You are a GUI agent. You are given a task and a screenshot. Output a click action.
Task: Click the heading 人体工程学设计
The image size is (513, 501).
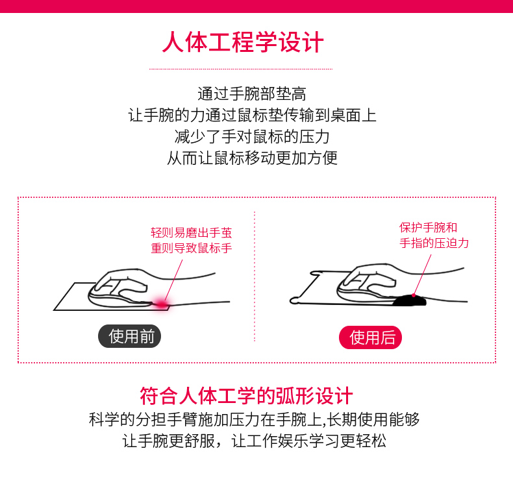[243, 42]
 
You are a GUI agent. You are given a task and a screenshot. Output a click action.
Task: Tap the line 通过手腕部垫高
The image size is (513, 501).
[252, 94]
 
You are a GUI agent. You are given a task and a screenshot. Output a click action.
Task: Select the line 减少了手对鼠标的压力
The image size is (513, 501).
[252, 137]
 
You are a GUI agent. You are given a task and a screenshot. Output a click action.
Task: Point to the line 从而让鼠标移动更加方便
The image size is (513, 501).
[252, 158]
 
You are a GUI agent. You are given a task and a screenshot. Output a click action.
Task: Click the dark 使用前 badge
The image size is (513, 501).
[130, 336]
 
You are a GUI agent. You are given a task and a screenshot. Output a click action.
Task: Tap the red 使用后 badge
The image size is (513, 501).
[370, 337]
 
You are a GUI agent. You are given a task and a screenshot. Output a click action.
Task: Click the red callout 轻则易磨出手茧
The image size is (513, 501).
[192, 232]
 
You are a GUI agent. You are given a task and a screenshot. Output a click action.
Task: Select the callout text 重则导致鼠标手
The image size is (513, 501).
[192, 248]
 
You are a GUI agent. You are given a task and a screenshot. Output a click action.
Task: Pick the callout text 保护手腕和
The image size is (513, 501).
[429, 227]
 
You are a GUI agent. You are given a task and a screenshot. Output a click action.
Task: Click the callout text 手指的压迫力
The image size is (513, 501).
[434, 243]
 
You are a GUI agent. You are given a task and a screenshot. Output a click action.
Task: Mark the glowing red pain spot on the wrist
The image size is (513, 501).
[162, 304]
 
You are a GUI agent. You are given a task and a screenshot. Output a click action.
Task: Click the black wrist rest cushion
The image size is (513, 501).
[409, 300]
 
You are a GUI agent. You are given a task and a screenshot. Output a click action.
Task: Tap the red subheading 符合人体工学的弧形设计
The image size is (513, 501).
[246, 396]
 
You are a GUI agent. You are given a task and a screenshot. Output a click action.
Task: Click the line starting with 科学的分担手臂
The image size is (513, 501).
[254, 420]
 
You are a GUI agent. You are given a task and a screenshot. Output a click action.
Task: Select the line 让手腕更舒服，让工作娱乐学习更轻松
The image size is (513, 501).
[254, 441]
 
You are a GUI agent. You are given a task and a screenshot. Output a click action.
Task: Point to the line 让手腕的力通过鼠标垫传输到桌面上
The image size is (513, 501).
[252, 116]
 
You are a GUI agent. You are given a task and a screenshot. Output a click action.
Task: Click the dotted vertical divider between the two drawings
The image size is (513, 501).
[255, 276]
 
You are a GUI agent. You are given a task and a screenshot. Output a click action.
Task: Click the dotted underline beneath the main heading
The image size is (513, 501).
[241, 69]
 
